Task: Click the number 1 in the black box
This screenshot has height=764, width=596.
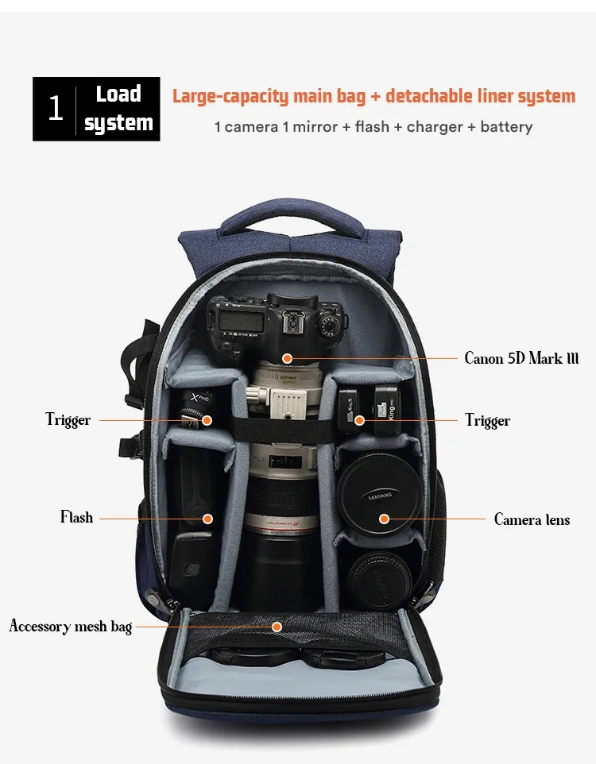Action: pyautogui.click(x=55, y=109)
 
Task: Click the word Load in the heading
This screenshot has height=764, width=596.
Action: pyautogui.click(x=118, y=94)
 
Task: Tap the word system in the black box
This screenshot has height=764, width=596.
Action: pyautogui.click(x=118, y=123)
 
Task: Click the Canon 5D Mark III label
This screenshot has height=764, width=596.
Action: pyautogui.click(x=521, y=358)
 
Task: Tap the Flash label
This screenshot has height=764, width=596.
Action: pyautogui.click(x=76, y=517)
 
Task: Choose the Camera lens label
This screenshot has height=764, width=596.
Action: pyautogui.click(x=532, y=519)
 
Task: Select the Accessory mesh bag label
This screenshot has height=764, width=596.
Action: pyautogui.click(x=70, y=627)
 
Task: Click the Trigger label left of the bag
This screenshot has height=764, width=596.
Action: pyautogui.click(x=68, y=420)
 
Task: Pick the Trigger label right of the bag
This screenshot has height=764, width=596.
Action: pyautogui.click(x=487, y=420)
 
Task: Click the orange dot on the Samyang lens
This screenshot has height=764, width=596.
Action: pyautogui.click(x=384, y=519)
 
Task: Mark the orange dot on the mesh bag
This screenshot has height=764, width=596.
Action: pyautogui.click(x=277, y=627)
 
